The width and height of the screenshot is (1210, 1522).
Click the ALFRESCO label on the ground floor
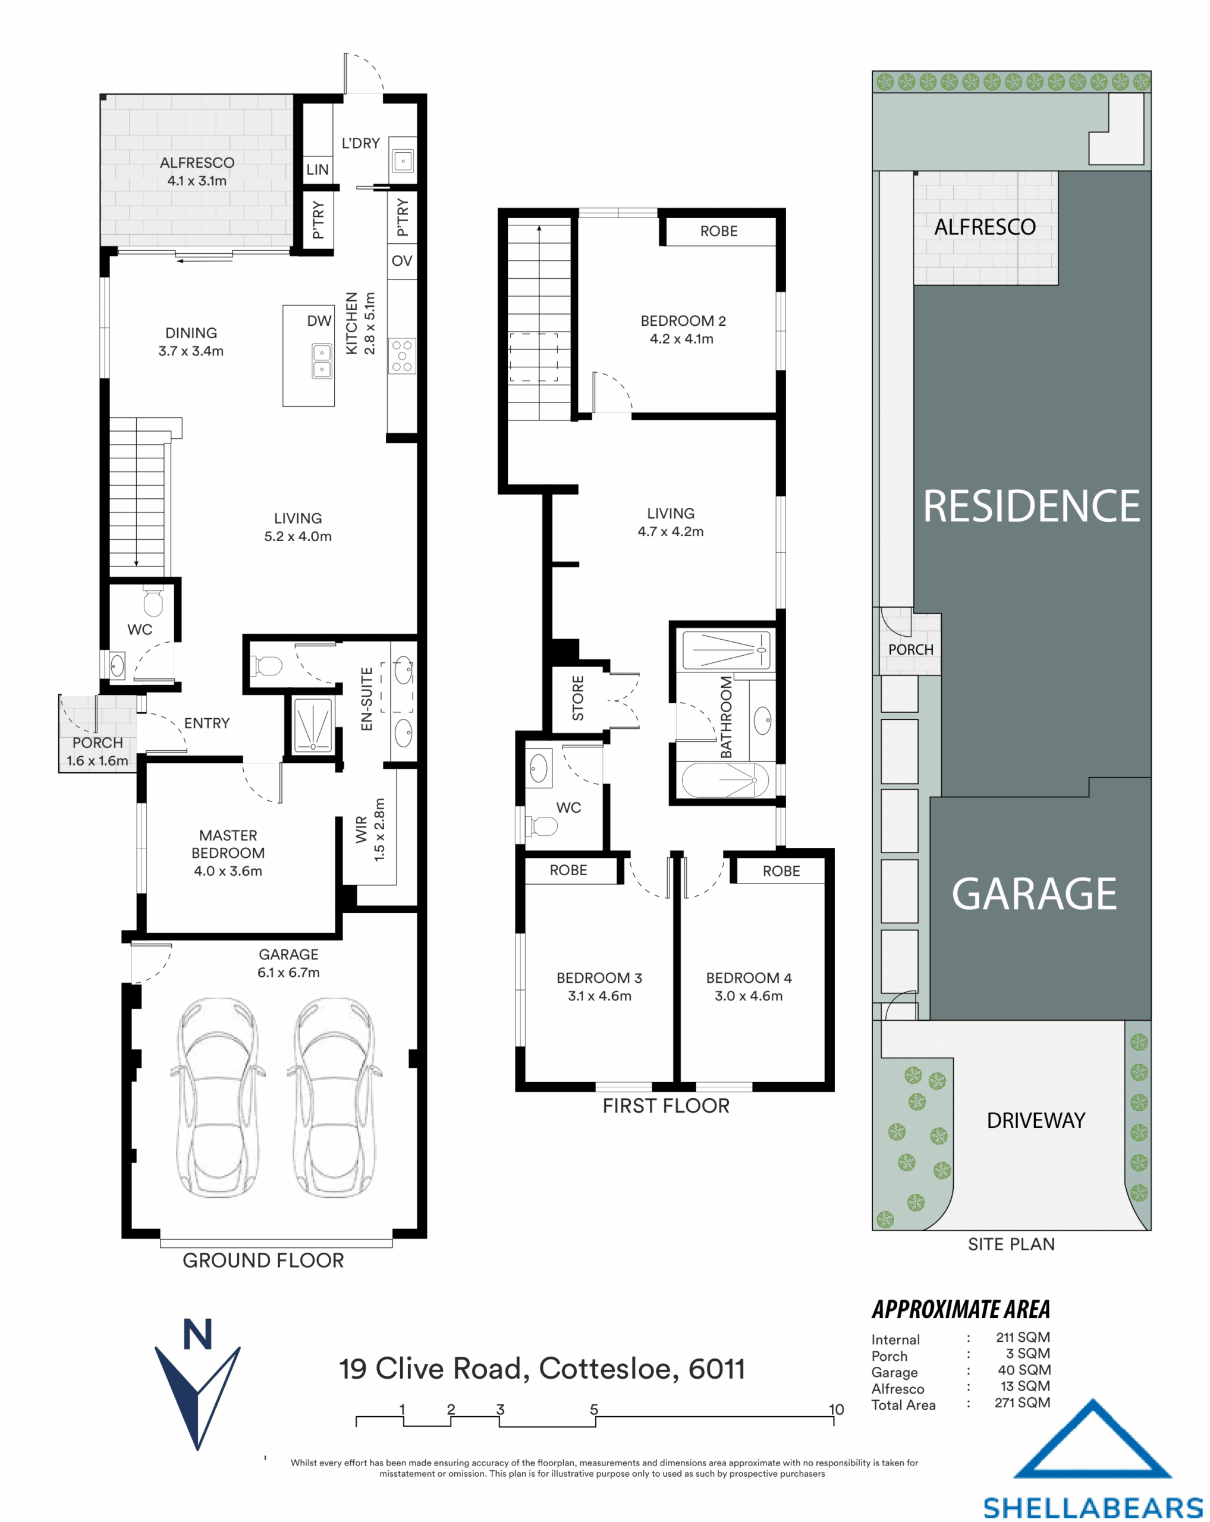pyautogui.click(x=197, y=163)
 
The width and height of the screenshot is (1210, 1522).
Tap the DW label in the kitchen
pyautogui.click(x=319, y=321)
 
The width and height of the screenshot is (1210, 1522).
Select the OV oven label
pyautogui.click(x=402, y=261)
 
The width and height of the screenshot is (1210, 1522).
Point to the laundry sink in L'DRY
pyautogui.click(x=403, y=161)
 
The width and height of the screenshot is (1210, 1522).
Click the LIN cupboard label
pyautogui.click(x=317, y=170)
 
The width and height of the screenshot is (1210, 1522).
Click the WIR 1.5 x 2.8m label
pyautogui.click(x=370, y=829)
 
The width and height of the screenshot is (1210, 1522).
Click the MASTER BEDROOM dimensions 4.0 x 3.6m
pyautogui.click(x=228, y=871)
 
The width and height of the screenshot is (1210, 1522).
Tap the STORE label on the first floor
pyautogui.click(x=578, y=698)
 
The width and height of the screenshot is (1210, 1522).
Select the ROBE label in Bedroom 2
pyautogui.click(x=719, y=231)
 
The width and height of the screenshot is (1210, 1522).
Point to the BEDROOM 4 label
pyautogui.click(x=749, y=978)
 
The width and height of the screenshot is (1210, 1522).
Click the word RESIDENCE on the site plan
pyautogui.click(x=1030, y=507)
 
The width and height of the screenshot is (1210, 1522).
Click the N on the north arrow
pyautogui.click(x=197, y=1334)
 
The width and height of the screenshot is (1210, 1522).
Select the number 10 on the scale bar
pyautogui.click(x=836, y=1410)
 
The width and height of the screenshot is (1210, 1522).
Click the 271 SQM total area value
pyautogui.click(x=1022, y=1402)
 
